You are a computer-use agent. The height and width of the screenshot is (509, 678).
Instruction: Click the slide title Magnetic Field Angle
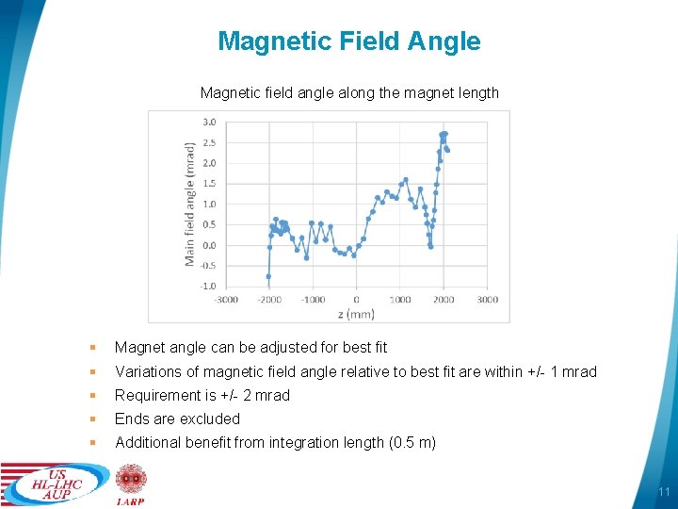point(348,41)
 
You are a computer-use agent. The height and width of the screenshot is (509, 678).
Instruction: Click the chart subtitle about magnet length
point(349,93)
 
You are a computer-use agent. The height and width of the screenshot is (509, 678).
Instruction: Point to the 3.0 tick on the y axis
point(209,122)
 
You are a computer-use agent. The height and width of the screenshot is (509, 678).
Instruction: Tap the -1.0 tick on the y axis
point(207,287)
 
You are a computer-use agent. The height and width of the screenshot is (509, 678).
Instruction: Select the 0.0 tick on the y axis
point(209,245)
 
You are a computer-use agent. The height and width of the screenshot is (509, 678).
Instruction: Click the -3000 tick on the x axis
point(226,300)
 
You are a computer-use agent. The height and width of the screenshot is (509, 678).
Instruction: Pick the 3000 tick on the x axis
point(487,300)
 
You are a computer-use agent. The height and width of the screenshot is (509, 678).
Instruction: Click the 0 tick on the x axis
point(357,300)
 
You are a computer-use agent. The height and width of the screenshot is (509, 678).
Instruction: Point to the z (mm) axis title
point(356,314)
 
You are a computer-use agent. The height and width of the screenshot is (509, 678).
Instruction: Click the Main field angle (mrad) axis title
point(190,204)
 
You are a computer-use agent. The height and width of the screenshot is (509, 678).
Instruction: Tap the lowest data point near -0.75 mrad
point(268,276)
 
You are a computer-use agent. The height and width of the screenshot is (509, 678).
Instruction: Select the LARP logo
point(130,484)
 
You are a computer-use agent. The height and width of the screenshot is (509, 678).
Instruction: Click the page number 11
point(663,492)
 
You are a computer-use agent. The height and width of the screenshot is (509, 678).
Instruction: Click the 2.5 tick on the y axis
point(209,142)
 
